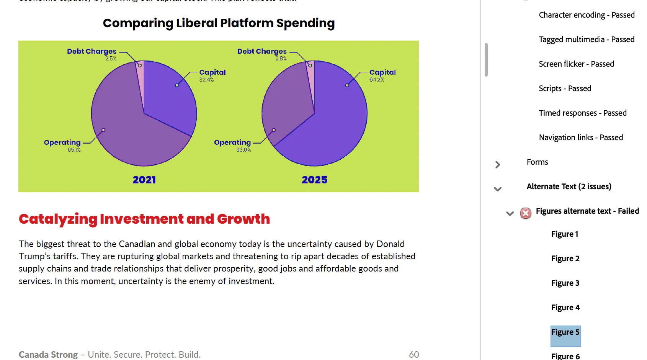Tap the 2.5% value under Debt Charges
(x=111, y=59)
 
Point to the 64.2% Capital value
(x=377, y=80)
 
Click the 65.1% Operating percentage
(x=74, y=150)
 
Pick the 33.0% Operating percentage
(x=243, y=150)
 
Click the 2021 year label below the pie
(x=144, y=180)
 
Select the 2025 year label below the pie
(x=315, y=180)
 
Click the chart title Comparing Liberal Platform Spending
(x=219, y=23)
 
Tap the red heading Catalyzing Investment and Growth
(x=144, y=219)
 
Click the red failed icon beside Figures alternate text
(x=526, y=213)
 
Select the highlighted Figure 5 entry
(x=565, y=332)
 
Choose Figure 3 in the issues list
(x=565, y=283)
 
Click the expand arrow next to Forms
(x=498, y=165)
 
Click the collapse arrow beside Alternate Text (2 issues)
(x=498, y=189)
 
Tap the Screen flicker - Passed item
(x=576, y=64)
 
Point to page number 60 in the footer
(x=414, y=355)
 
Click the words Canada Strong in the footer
(x=48, y=355)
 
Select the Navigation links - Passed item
(x=581, y=137)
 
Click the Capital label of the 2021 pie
(x=212, y=72)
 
